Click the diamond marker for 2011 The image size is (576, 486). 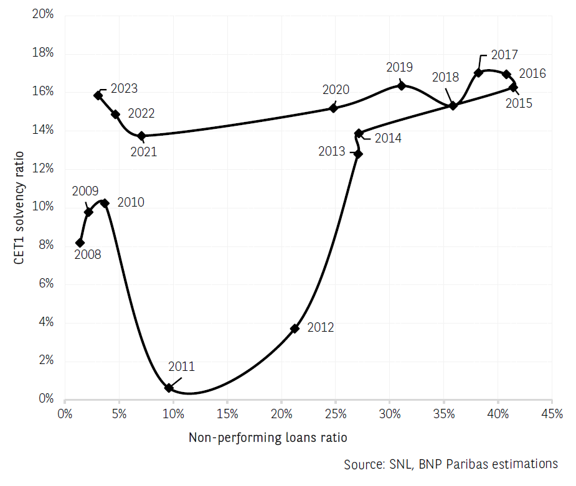click(169, 388)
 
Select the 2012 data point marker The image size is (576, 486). click(295, 329)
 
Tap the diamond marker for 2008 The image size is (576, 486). click(80, 243)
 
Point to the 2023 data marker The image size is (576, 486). click(98, 95)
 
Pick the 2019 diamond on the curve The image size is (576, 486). click(401, 85)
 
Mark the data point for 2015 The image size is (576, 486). click(513, 87)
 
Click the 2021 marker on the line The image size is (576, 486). click(141, 136)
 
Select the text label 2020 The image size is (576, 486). click(336, 90)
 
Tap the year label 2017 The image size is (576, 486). click(504, 54)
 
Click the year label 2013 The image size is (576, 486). click(332, 151)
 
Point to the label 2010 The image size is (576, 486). click(131, 202)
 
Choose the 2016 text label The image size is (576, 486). click(532, 73)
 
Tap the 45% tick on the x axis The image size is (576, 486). click(552, 414)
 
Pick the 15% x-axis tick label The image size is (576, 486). click(227, 414)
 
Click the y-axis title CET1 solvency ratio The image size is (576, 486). click(19, 207)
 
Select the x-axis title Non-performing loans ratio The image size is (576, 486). click(268, 437)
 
